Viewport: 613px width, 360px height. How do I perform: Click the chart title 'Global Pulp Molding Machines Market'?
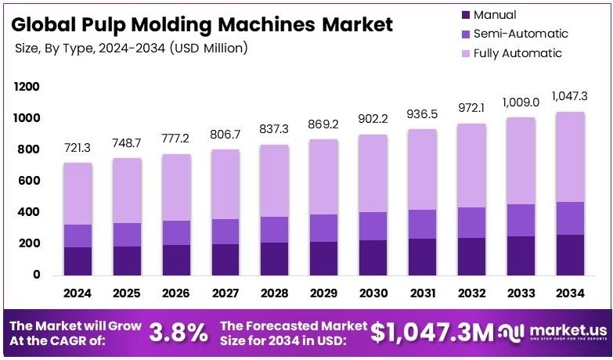[x=202, y=24]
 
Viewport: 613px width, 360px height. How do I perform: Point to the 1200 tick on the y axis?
[x=26, y=87]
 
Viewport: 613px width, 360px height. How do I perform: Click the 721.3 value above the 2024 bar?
[x=77, y=148]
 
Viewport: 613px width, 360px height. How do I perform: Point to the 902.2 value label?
[x=372, y=120]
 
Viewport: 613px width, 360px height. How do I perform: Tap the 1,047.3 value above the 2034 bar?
[x=569, y=97]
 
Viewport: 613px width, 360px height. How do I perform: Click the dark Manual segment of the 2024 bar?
[x=77, y=261]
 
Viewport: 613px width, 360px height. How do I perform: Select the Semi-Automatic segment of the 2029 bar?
[x=323, y=228]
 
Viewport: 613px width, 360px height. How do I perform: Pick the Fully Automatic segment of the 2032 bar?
[x=471, y=165]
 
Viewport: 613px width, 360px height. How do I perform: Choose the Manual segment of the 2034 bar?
[x=569, y=254]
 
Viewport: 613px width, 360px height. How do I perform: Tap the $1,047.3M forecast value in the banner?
[x=432, y=333]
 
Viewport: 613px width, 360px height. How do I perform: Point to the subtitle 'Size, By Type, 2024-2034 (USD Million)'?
[x=132, y=49]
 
